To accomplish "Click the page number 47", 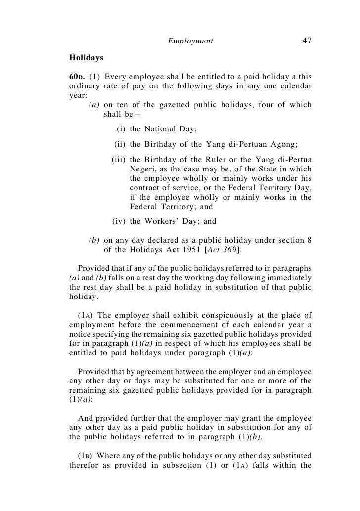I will point(307,41).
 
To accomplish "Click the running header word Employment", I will point(190,41).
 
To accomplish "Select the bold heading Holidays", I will point(86,58).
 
